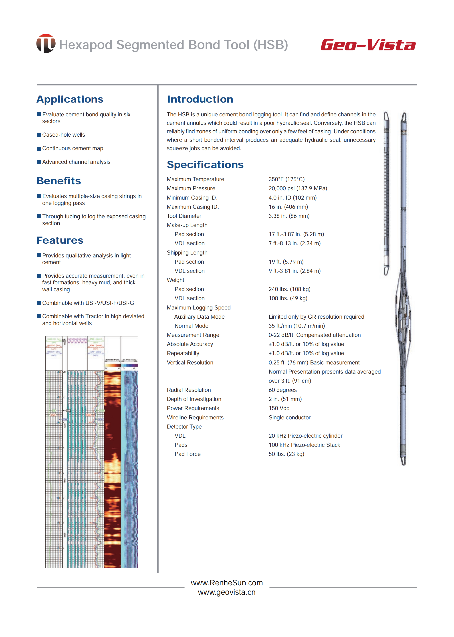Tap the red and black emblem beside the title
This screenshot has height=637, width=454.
click(46, 44)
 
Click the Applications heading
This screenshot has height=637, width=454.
click(70, 99)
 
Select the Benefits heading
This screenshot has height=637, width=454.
click(59, 181)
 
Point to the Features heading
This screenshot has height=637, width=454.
click(60, 240)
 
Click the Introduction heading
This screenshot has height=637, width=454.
click(200, 99)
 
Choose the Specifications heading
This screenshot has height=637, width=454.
click(205, 165)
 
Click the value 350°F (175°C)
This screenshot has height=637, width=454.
click(287, 179)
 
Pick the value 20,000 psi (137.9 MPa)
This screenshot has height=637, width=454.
click(298, 188)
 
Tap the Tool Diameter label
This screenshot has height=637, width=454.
click(184, 216)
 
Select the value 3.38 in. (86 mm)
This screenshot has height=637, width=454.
click(289, 216)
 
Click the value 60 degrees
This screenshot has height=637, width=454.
click(283, 390)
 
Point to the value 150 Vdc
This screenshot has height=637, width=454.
click(279, 408)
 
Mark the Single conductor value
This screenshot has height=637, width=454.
click(289, 417)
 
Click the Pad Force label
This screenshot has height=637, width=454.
click(187, 454)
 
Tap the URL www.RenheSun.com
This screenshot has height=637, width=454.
click(227, 583)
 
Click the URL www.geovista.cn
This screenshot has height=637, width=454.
click(227, 592)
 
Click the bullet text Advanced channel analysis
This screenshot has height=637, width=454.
click(76, 162)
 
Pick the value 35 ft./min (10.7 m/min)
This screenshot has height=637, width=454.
click(297, 326)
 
